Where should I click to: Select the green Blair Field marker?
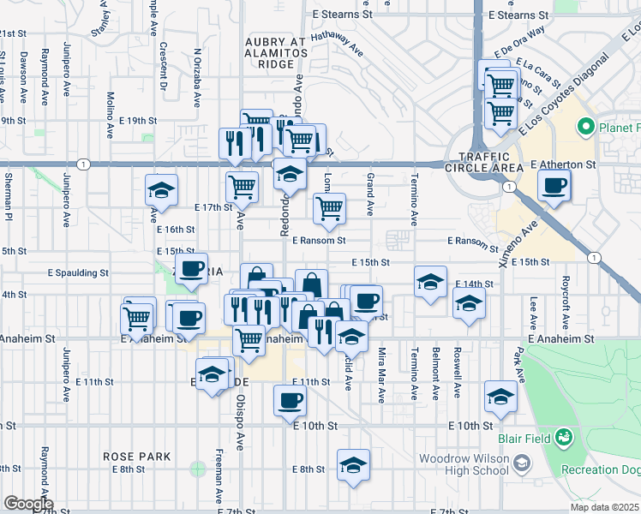pos(563,439)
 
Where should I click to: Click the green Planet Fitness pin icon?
pos(586,128)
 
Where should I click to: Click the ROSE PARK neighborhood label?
pos(136,457)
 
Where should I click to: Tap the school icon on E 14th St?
pos(430,282)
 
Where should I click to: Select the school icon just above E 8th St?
pos(352,465)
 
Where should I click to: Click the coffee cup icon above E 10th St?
pos(291,400)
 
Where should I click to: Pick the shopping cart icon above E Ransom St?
pos(329,208)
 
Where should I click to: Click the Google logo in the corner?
pos(27,504)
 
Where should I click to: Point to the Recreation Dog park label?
pos(599,469)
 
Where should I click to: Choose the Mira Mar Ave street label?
pos(381,377)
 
